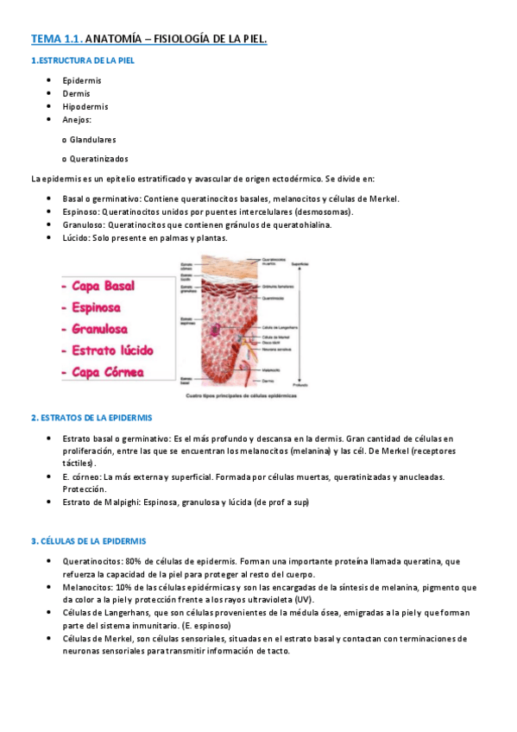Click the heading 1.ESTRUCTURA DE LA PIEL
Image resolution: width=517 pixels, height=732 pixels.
pos(82,60)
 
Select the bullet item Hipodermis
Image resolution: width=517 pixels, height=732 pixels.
pos(85,106)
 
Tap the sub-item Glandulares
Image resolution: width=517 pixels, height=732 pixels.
pos(92,139)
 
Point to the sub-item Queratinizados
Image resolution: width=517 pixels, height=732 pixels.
pos(98,159)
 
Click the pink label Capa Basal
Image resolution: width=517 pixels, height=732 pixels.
pos(103,286)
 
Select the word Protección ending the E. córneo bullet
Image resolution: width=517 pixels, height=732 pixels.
pos(84,489)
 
